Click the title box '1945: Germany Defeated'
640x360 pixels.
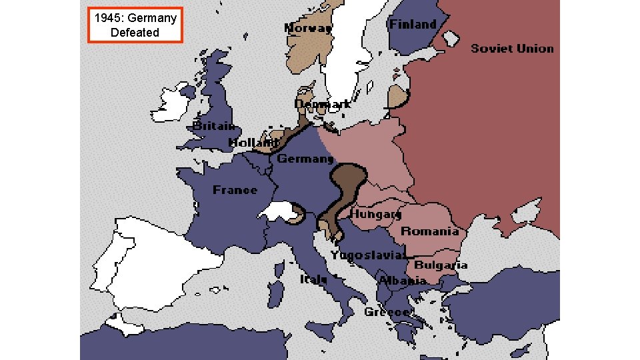click(135, 25)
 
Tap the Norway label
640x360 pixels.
click(308, 28)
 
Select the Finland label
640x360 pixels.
click(413, 24)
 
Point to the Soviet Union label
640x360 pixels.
click(512, 48)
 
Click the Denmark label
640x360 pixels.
click(323, 104)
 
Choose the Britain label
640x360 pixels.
click(213, 125)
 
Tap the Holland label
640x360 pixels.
click(253, 142)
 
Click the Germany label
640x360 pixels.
click(305, 159)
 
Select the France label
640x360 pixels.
click(235, 190)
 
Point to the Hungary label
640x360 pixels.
click(376, 214)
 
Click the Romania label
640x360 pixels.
click(429, 231)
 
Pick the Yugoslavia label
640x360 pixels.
click(368, 255)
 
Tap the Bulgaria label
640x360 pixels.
click(441, 265)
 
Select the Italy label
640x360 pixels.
click(313, 279)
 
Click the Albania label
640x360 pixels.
click(402, 281)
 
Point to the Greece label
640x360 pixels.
click(387, 312)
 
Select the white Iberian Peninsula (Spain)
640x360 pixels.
click(150, 260)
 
